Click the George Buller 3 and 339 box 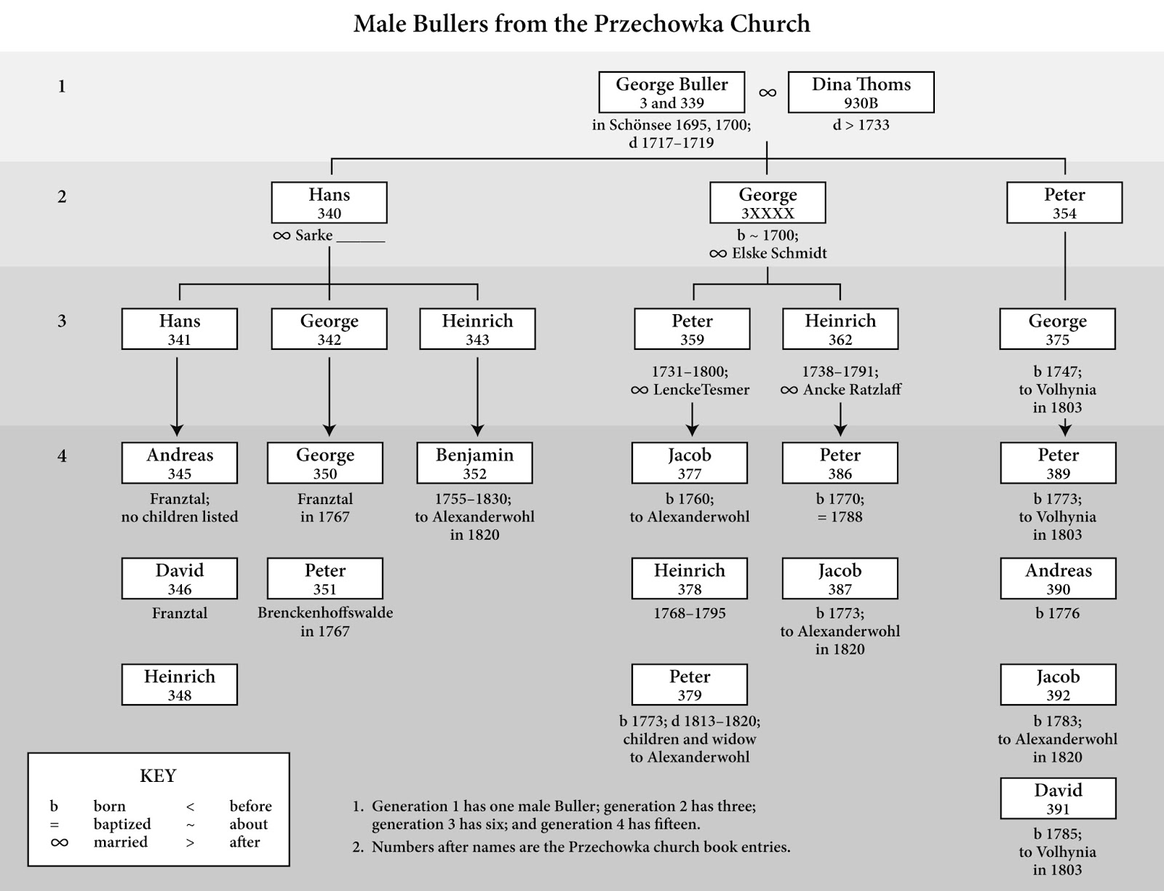click(671, 92)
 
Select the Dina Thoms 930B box click(861, 92)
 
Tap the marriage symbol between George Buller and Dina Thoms click(768, 93)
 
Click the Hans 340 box click(329, 203)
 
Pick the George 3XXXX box click(768, 203)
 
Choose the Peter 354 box click(1064, 203)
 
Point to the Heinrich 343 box click(477, 329)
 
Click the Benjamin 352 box click(474, 463)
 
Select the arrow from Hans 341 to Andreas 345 click(177, 396)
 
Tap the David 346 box click(179, 579)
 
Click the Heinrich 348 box click(179, 685)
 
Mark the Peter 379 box click(689, 685)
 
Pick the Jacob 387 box click(840, 579)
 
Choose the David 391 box click(1058, 799)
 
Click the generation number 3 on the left click(62, 321)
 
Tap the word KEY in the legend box click(158, 776)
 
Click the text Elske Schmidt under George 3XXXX click(778, 253)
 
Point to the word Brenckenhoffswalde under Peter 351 click(325, 612)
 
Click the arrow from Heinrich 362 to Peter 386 click(840, 420)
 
